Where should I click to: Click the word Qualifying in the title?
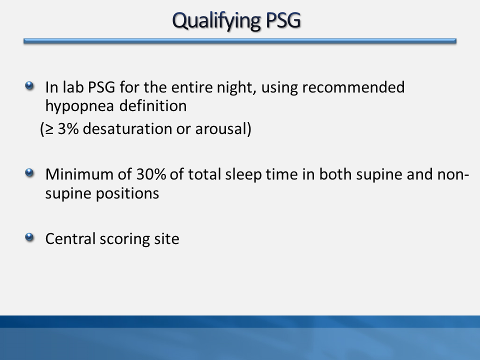[216, 21]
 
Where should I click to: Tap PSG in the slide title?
[283, 20]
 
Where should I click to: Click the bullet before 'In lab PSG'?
[29, 85]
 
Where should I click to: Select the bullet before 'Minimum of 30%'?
[29, 173]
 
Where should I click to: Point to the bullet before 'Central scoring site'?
[29, 237]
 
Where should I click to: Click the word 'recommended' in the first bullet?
[353, 87]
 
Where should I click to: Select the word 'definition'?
[153, 106]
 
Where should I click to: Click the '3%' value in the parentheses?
[68, 128]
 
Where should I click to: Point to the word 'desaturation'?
[127, 128]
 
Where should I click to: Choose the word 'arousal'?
[220, 128]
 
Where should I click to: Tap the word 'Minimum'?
[79, 174]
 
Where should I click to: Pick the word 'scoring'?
[125, 239]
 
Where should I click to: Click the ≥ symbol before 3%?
[49, 129]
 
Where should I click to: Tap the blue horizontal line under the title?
[240, 41]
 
